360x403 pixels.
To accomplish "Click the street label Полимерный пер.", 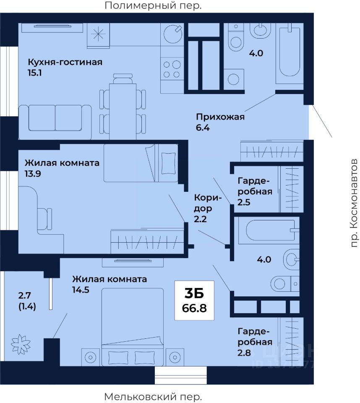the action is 153,5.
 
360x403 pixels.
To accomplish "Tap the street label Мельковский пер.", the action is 153,397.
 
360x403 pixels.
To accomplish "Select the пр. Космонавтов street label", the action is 354,203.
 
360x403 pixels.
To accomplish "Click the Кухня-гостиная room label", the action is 65,62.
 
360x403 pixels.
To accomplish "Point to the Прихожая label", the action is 220,117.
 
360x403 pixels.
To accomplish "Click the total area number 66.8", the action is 194,308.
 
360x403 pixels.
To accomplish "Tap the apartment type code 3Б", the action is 194,293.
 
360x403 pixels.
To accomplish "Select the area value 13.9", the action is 33,174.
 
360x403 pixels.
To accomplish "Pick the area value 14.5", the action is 81,290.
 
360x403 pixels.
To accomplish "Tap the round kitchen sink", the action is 173,34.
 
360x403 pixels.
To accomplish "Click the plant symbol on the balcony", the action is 21,344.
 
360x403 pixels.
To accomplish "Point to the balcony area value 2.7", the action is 24,296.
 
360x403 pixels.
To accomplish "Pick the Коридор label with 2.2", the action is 207,208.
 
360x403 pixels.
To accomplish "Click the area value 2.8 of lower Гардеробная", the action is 244,353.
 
